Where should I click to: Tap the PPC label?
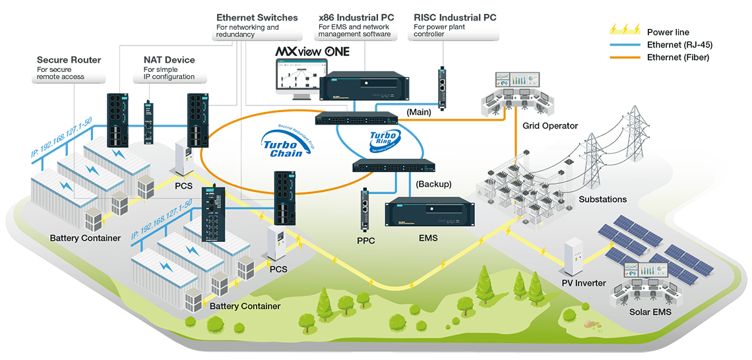click(365, 241)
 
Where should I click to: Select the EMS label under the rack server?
click(428, 238)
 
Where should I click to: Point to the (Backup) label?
click(434, 184)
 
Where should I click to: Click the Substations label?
click(602, 198)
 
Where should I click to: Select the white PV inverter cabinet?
click(571, 258)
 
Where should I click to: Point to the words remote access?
click(61, 76)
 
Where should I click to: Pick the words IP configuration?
click(169, 76)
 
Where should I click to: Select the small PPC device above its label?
click(365, 209)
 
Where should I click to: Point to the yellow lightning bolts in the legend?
click(623, 30)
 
